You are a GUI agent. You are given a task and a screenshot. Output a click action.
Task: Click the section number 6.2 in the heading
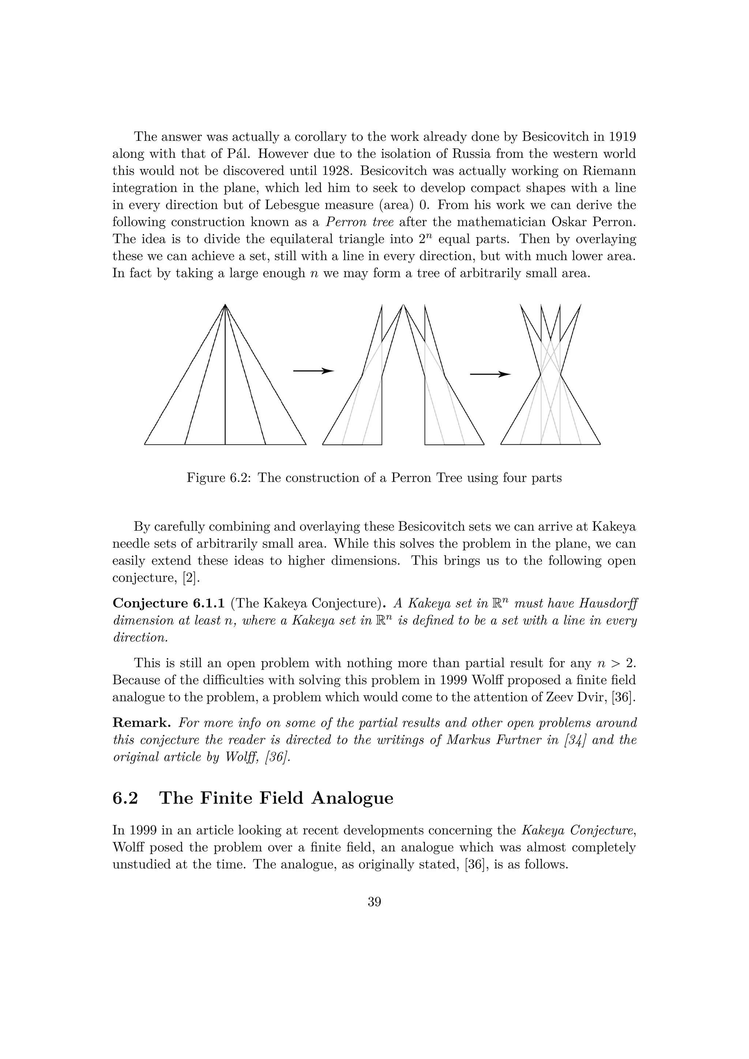[125, 798]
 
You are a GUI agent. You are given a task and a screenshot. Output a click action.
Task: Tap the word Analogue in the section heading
[352, 798]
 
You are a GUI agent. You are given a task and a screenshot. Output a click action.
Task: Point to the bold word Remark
[142, 723]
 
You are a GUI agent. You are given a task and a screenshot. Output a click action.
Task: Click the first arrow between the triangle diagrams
[314, 371]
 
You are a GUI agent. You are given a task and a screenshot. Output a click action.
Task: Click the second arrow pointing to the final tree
[490, 374]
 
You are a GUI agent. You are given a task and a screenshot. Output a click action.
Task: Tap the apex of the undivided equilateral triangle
[225, 305]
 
